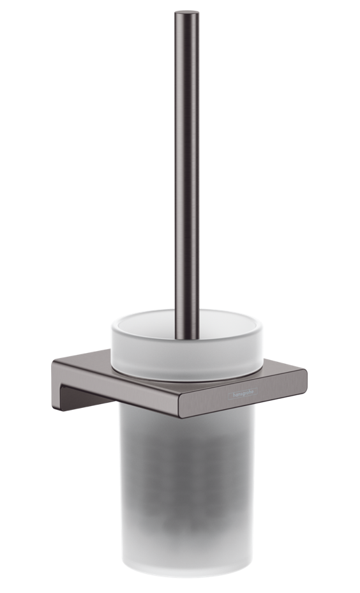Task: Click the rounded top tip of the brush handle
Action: click(x=187, y=13)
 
